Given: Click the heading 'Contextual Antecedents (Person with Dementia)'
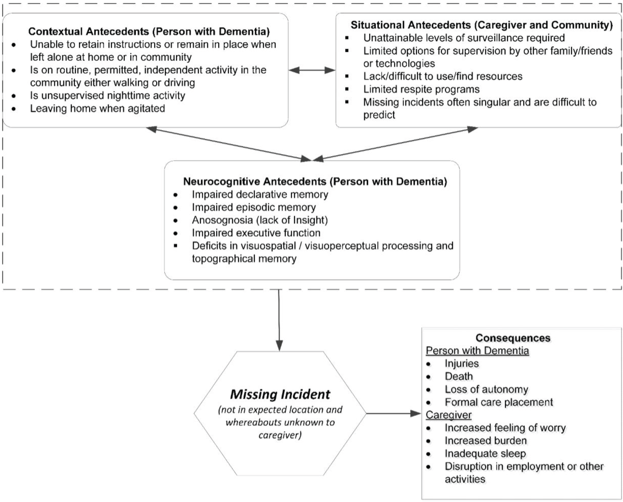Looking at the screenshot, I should tap(149, 31).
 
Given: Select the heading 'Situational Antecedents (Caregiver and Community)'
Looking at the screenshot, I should tap(481, 25).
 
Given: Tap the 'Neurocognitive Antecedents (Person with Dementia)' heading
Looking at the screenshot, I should tap(315, 181).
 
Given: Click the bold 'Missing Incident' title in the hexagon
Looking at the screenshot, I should tap(280, 394).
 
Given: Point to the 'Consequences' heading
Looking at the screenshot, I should tap(513, 338).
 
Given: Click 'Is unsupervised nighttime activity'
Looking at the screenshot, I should tap(107, 95).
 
